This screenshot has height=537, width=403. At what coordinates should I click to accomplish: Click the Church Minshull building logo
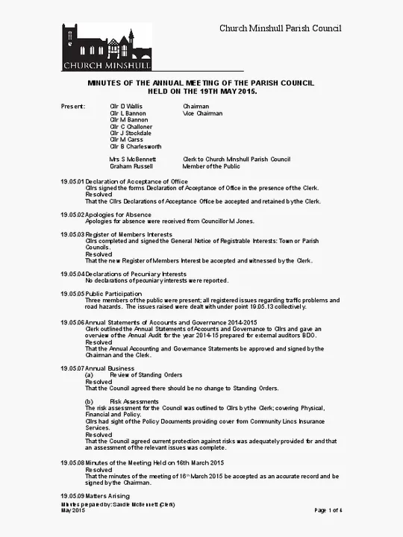tap(107, 47)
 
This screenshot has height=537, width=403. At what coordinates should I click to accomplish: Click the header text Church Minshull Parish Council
tap(280, 28)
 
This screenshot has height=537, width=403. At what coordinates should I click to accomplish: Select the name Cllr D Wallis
tap(126, 107)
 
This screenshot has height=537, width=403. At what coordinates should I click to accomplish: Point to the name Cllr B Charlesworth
tap(136, 147)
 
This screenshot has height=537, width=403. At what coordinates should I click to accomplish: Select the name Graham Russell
tap(131, 167)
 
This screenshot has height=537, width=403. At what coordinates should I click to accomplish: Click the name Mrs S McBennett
tap(133, 160)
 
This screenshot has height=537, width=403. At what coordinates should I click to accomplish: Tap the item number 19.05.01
tap(72, 182)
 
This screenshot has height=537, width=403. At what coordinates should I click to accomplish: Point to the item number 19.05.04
tap(72, 274)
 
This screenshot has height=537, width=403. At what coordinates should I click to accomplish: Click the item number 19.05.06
tap(72, 322)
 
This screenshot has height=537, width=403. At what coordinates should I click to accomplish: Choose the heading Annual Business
tap(110, 368)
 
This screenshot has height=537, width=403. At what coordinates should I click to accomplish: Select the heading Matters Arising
tap(108, 495)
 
